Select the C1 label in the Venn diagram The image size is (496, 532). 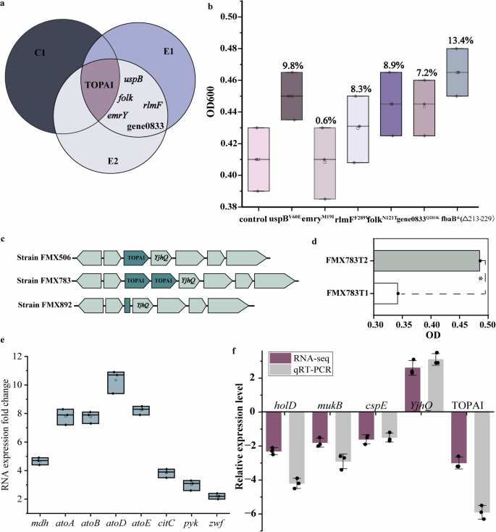[x=40, y=53]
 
